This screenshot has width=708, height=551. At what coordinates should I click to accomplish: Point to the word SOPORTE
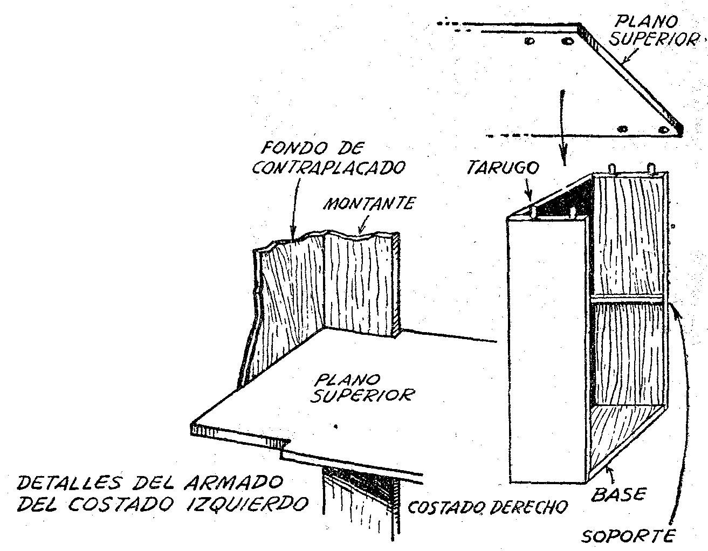[629, 536]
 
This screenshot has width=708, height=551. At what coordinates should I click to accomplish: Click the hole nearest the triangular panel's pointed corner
[663, 129]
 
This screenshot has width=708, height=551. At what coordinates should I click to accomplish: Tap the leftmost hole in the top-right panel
[529, 41]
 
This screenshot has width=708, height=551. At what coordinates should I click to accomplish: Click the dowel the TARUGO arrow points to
[533, 213]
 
